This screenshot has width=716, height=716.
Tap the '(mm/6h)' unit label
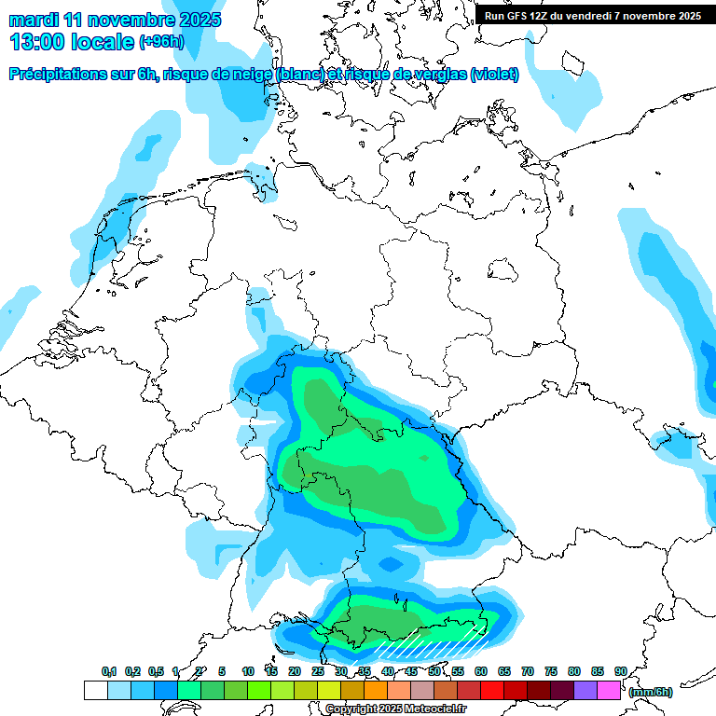650,692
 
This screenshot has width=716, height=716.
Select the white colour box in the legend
95,690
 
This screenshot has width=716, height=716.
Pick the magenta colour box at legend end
609,690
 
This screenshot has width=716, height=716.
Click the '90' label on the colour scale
620,671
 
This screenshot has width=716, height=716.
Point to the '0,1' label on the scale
109,671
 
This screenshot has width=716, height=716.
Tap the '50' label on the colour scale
434,671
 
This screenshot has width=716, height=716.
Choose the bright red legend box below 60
492,690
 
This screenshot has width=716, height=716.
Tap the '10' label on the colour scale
248,671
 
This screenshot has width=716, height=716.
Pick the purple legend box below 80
585,690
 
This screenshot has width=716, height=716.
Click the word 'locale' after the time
104,42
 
